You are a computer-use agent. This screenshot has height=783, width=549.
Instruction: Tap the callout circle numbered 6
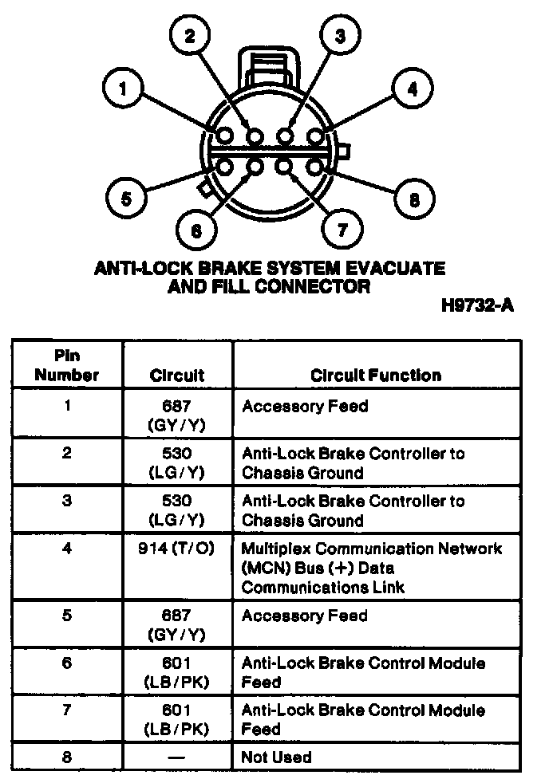[x=196, y=230]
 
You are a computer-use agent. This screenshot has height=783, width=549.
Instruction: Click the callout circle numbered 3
[x=340, y=35]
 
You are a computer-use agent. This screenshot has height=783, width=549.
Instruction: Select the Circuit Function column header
[x=375, y=375]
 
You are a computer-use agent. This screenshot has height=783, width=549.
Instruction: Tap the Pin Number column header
[x=67, y=365]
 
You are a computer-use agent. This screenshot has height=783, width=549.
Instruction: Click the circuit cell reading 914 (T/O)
[x=176, y=549]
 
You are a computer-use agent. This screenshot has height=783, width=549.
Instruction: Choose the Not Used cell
[x=276, y=757]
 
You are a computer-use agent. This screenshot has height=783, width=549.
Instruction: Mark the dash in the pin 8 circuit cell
[x=176, y=757]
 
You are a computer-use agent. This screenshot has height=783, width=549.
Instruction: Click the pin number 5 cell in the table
[x=67, y=616]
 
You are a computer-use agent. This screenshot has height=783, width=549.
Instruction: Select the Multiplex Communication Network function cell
[x=372, y=568]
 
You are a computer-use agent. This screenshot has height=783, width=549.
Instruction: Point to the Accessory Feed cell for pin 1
[x=305, y=407]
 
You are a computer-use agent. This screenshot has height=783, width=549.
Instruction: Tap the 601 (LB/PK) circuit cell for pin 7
[x=176, y=719]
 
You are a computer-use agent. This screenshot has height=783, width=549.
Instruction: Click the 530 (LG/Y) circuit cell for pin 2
[x=176, y=462]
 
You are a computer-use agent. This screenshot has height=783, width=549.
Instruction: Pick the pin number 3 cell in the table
[x=67, y=501]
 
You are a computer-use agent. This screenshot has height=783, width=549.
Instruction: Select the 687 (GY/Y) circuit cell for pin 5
[x=176, y=624]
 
